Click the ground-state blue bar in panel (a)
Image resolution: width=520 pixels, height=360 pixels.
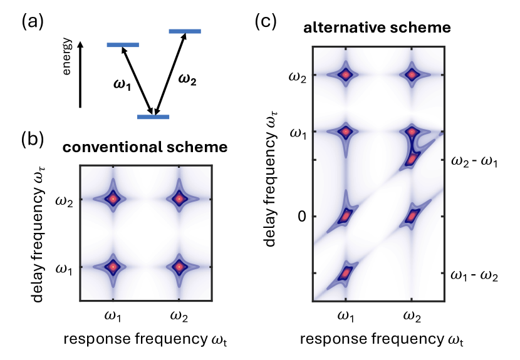click(x=153, y=116)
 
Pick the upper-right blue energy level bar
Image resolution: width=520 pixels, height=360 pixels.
click(x=185, y=31)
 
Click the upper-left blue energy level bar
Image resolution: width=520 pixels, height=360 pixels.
click(x=123, y=45)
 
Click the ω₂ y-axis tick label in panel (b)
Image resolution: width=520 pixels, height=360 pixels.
click(x=65, y=200)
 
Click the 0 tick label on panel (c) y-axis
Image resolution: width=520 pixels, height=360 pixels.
click(x=301, y=217)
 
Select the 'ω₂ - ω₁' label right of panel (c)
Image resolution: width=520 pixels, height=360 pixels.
click(x=475, y=162)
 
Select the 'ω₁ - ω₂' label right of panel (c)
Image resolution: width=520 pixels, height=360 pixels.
click(x=475, y=275)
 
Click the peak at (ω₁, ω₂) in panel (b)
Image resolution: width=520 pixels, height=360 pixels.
click(x=113, y=199)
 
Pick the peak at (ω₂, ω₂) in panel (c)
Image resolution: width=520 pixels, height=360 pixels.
click(x=412, y=75)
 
